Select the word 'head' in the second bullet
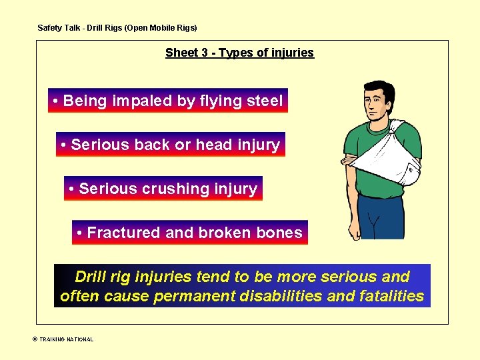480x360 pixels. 211,145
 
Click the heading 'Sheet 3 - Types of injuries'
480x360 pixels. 239,53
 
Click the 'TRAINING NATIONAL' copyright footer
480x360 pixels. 66,339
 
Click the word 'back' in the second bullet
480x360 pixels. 155,145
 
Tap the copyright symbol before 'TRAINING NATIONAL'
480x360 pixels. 35,339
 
